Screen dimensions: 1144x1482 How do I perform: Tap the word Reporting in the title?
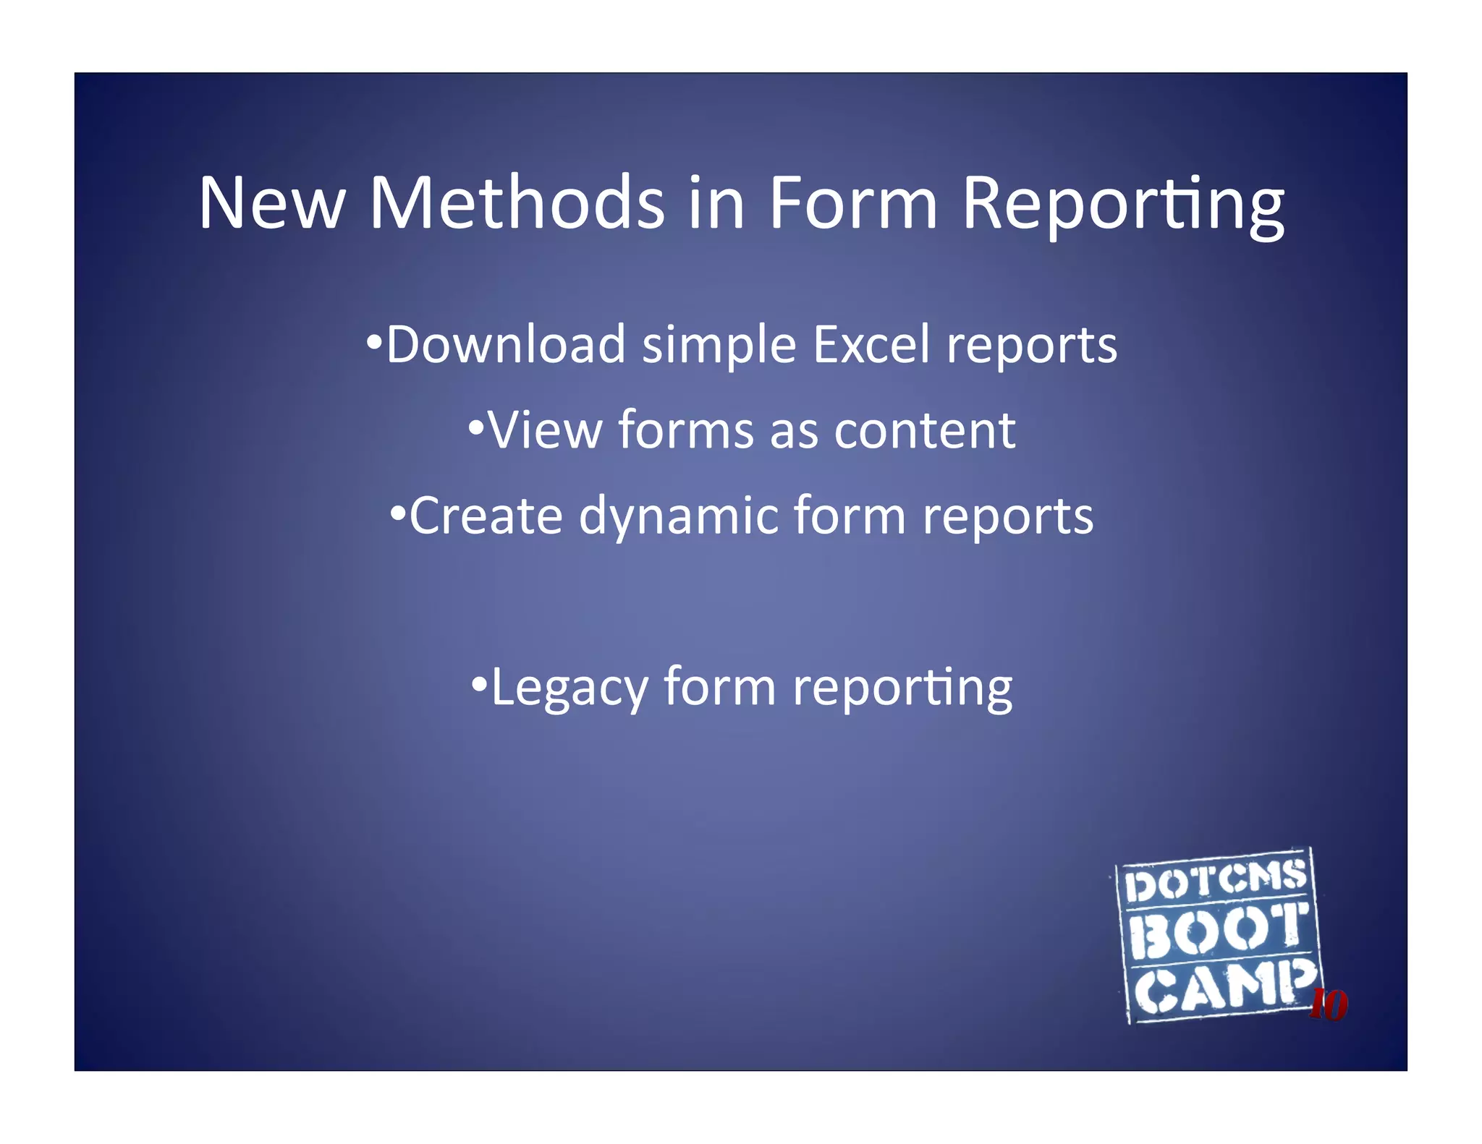point(1123,206)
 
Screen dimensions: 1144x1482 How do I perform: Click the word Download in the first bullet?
point(505,344)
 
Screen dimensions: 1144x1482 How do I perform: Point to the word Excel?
point(871,344)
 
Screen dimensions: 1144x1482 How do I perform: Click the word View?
point(545,430)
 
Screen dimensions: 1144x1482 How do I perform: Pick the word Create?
point(486,516)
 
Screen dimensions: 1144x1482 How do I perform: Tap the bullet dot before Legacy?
point(479,683)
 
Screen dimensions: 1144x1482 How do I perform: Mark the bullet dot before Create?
point(397,513)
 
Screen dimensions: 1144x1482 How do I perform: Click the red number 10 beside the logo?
point(1329,1004)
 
